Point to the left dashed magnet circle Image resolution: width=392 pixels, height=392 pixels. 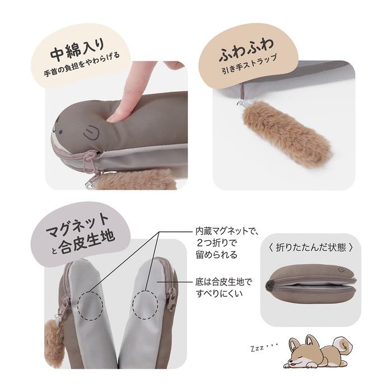[x=91, y=306]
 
